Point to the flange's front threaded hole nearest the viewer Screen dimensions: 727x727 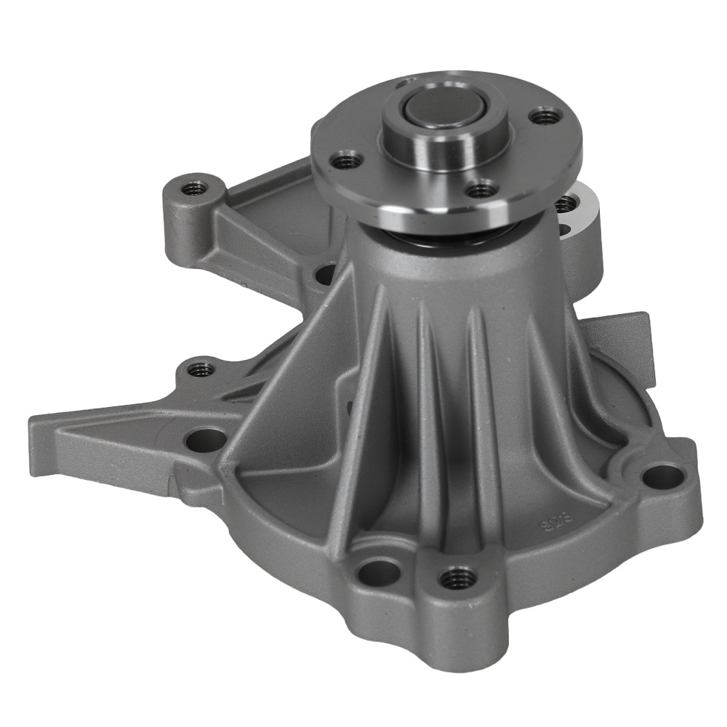[x=480, y=191]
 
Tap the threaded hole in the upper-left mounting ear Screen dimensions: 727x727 [x=193, y=188]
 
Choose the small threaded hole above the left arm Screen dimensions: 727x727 [x=201, y=370]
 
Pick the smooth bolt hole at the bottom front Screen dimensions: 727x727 [x=379, y=571]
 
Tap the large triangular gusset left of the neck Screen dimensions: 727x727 [x=291, y=407]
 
